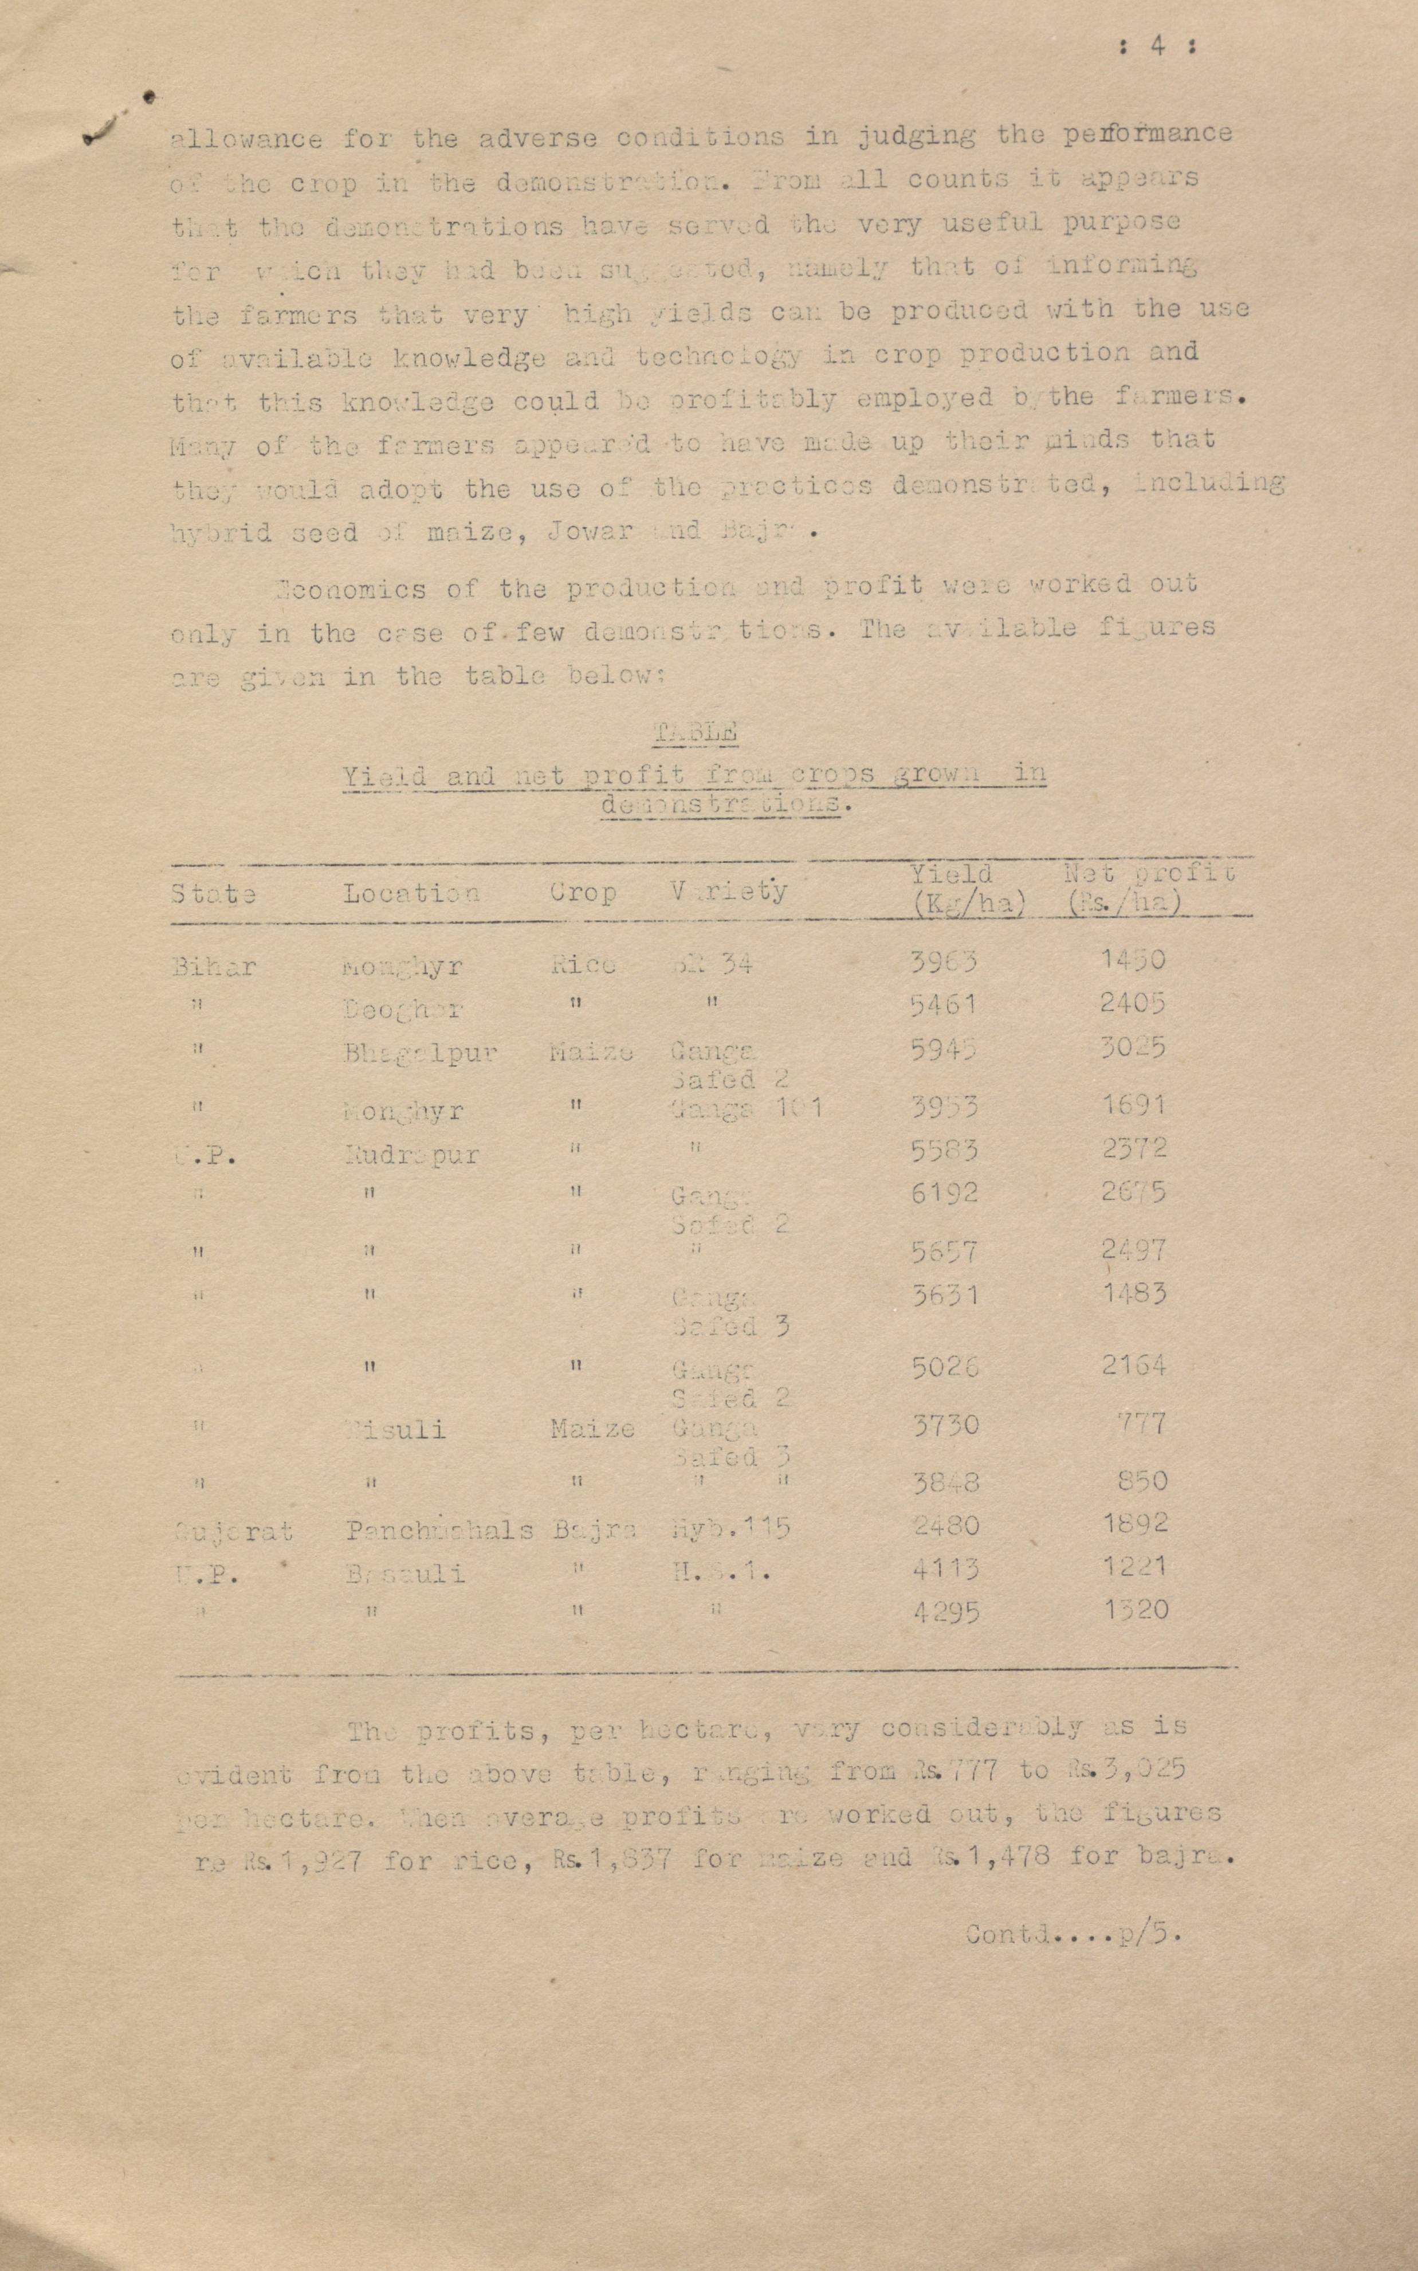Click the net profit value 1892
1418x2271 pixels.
click(1135, 1523)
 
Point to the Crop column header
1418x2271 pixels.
click(583, 892)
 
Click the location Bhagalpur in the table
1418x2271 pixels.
click(419, 1053)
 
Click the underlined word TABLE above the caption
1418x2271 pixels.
click(695, 732)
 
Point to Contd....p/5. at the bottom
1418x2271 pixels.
click(1073, 1933)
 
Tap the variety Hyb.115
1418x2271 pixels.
click(730, 1528)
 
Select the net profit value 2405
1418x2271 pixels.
click(1133, 1003)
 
